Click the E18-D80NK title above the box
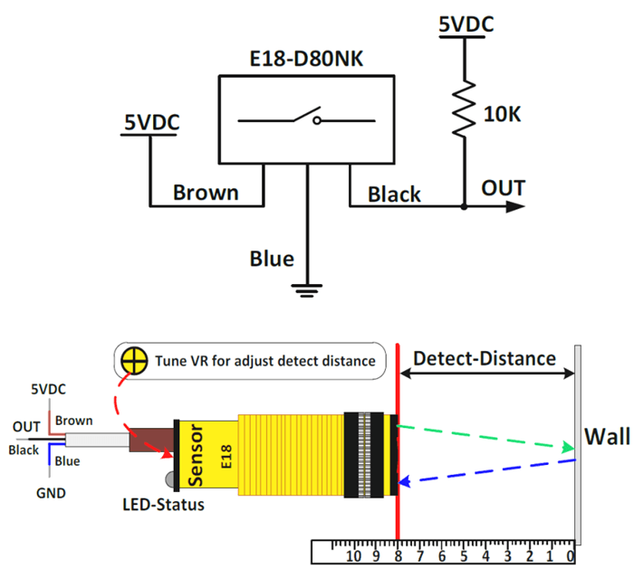(306, 60)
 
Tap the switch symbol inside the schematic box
(306, 119)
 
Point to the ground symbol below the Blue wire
(308, 289)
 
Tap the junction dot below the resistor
(464, 206)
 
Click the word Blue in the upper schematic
(272, 259)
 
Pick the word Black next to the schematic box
(394, 194)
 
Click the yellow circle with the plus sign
(133, 361)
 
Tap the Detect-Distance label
(484, 358)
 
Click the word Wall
(606, 438)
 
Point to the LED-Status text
(164, 505)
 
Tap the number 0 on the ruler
(570, 554)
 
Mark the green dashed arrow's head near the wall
(568, 448)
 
